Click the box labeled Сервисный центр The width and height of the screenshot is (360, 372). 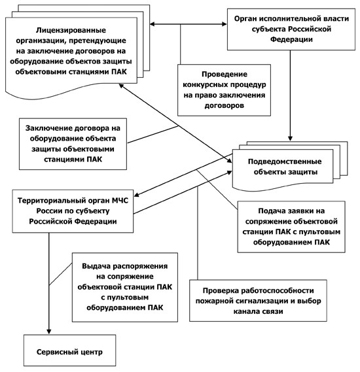[69, 350]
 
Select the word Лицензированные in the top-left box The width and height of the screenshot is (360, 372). [71, 30]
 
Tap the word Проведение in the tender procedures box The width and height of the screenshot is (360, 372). [225, 75]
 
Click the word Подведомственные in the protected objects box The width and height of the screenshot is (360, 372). [285, 161]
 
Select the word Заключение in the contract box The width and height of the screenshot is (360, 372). [49, 128]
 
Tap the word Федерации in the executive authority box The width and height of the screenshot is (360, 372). [291, 39]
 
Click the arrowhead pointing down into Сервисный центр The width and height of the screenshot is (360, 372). [49, 331]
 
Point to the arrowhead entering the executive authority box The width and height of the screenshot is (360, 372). [224, 24]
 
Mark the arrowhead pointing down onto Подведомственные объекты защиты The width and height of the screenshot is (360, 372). [290, 139]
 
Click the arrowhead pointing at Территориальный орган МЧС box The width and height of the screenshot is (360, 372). [137, 195]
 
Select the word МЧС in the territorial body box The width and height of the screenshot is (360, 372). [120, 201]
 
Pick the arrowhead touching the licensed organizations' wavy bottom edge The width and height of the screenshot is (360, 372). [122, 86]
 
